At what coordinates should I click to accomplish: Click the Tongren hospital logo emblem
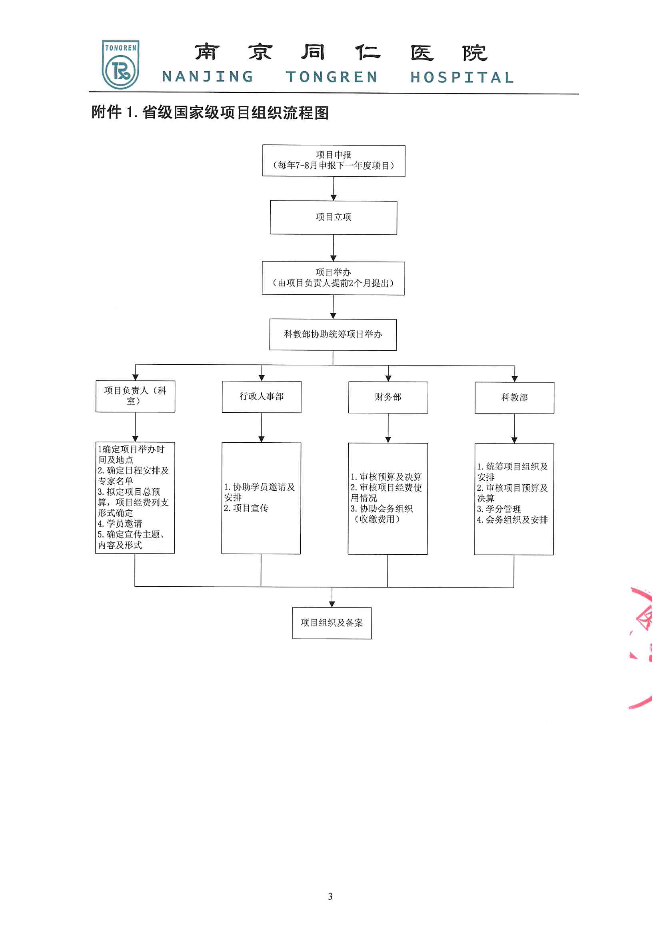click(120, 65)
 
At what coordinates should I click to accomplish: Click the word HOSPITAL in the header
click(462, 77)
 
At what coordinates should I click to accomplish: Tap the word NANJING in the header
click(208, 76)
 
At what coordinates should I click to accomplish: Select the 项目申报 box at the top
click(333, 161)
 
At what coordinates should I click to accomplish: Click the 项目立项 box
click(333, 218)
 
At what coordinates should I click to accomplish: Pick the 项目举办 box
click(333, 278)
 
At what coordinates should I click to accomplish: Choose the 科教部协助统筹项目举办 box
click(333, 335)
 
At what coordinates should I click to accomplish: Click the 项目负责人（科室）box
click(135, 396)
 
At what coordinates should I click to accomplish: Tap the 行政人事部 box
click(262, 397)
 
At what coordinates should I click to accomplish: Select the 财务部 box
click(388, 398)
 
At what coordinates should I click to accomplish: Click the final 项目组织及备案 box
click(331, 623)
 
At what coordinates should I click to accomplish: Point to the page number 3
click(330, 896)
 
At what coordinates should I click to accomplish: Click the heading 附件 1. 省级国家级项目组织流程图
click(210, 112)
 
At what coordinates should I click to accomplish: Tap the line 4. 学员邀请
click(120, 524)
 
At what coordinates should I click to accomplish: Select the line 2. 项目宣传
click(246, 508)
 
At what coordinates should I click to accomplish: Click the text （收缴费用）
click(377, 519)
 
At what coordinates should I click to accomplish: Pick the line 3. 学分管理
click(499, 509)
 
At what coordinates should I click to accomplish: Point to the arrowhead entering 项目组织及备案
click(332, 604)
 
